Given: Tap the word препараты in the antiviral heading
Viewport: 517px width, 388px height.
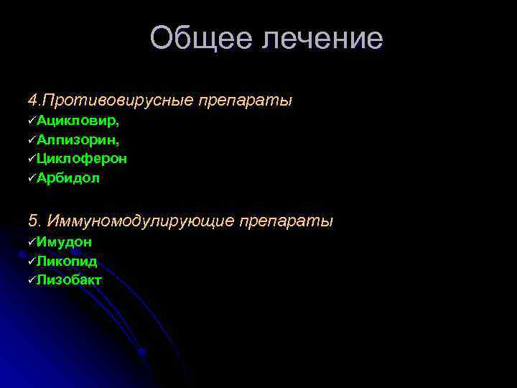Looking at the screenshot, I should click(248, 99).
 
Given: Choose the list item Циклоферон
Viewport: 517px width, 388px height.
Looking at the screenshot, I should click(82, 158).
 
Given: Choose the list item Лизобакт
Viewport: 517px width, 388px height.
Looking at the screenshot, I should click(70, 280).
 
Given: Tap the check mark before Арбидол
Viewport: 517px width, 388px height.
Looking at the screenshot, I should click(32, 177).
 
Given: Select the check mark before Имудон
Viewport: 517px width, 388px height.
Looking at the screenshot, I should click(32, 242).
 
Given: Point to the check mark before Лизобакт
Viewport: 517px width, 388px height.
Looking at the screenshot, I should click(32, 280).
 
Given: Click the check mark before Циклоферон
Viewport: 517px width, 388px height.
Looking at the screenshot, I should click(32, 158).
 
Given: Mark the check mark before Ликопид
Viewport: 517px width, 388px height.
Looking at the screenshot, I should click(32, 261).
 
